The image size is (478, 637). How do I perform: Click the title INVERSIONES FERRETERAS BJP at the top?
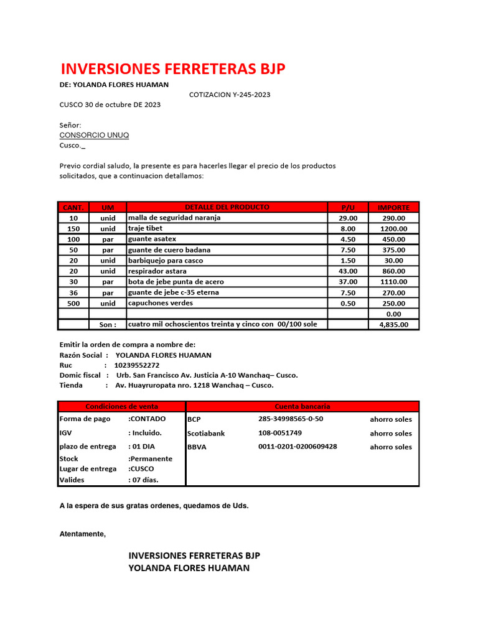tap(172, 69)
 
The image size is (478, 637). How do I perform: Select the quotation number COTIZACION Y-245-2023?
tap(230, 95)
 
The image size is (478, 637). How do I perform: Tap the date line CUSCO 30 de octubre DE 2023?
tap(110, 105)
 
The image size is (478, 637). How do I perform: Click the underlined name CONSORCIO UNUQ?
tap(94, 135)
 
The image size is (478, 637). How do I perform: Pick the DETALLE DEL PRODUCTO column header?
tap(227, 207)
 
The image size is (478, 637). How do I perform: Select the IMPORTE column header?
tap(393, 207)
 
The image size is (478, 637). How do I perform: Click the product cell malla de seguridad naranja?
tap(174, 218)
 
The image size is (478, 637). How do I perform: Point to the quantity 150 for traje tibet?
tap(73, 228)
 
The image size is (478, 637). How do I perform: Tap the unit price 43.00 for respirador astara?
tap(348, 271)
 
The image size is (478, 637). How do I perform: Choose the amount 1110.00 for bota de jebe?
tap(393, 282)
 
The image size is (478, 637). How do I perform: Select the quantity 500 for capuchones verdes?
tap(73, 303)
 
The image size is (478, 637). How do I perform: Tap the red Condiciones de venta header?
tap(121, 406)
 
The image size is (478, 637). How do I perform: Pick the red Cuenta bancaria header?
tap(302, 406)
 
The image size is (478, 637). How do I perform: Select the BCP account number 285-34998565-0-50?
tap(291, 419)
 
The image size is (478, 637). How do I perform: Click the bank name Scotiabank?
tap(206, 433)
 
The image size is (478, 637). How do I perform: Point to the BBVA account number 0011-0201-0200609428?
tap(298, 446)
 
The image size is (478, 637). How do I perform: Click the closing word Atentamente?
tap(82, 534)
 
